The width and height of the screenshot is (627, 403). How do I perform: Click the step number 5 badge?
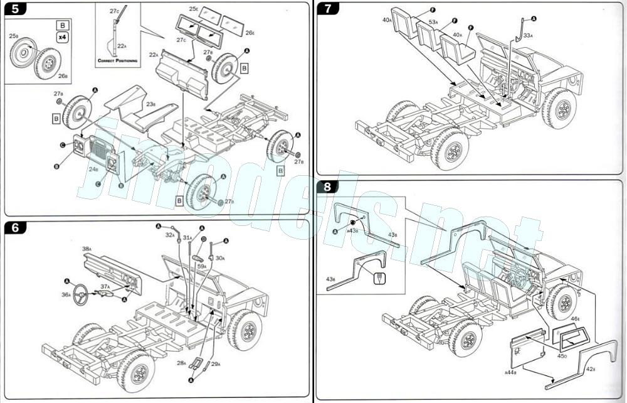tap(15, 9)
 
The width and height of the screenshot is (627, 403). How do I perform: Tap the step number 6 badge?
tap(15, 227)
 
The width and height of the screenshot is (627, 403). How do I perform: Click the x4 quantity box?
tap(61, 37)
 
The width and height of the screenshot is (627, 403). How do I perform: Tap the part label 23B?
tap(151, 104)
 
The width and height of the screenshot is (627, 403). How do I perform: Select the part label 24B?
tap(93, 169)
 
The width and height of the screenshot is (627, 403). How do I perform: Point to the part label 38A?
tap(87, 249)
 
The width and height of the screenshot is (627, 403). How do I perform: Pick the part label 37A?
tap(105, 286)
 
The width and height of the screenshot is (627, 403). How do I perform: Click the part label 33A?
tap(527, 35)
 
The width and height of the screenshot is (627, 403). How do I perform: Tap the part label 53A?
tap(433, 22)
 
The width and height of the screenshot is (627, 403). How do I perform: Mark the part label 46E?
tap(575, 320)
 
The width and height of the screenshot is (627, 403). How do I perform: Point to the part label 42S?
tap(590, 369)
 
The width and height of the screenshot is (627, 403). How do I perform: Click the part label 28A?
tap(181, 362)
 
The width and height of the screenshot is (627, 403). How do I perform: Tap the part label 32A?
tap(170, 235)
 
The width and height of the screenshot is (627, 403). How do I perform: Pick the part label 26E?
tap(250, 32)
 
